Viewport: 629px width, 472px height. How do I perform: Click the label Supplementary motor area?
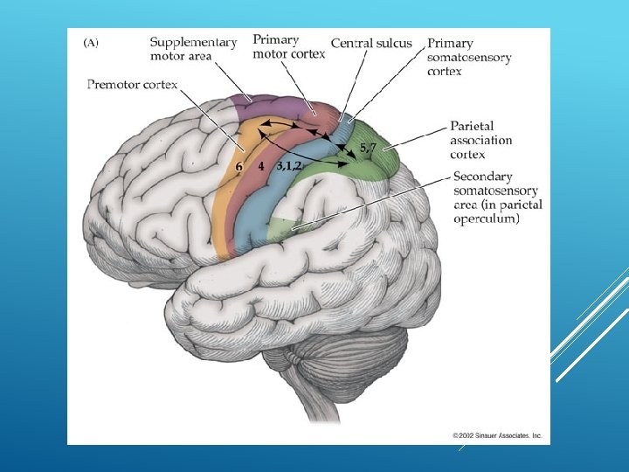pyautogui.click(x=193, y=49)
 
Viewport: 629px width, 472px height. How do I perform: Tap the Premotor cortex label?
pyautogui.click(x=132, y=85)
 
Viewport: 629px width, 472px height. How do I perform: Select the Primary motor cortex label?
pyautogui.click(x=288, y=46)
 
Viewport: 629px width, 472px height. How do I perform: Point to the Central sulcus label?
pyautogui.click(x=371, y=43)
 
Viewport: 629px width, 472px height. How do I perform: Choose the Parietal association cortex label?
pyautogui.click(x=481, y=140)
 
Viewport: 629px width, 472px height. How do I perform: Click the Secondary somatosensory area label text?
pyautogui.click(x=496, y=198)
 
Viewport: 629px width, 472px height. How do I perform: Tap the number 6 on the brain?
pyautogui.click(x=238, y=164)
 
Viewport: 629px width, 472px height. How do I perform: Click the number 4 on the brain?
pyautogui.click(x=260, y=164)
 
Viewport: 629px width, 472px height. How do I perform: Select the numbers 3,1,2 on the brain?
pyautogui.click(x=289, y=164)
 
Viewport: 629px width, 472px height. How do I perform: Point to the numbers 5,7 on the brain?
pyautogui.click(x=369, y=147)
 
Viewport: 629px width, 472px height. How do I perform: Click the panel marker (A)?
pyautogui.click(x=91, y=40)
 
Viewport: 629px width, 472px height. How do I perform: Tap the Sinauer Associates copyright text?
pyautogui.click(x=497, y=434)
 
